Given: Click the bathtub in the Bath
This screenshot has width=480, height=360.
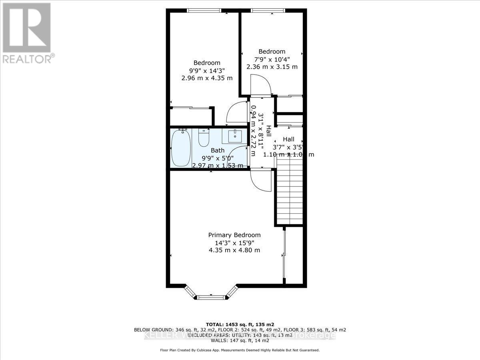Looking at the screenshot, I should tap(180, 148).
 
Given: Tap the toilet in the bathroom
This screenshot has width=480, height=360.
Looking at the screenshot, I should tap(204, 138).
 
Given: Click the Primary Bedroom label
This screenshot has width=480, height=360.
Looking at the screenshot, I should tap(234, 235).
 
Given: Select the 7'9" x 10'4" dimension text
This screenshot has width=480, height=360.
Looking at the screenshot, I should tap(272, 59).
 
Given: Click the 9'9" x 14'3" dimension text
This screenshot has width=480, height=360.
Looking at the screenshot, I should tap(207, 70).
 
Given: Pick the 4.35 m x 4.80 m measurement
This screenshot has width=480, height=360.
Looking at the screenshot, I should tap(234, 250).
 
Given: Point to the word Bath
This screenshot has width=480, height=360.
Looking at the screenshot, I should tap(218, 150).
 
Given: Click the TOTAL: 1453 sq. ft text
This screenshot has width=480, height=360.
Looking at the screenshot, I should tap(240, 324).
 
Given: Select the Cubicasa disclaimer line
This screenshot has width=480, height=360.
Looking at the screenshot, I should tap(240, 350).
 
